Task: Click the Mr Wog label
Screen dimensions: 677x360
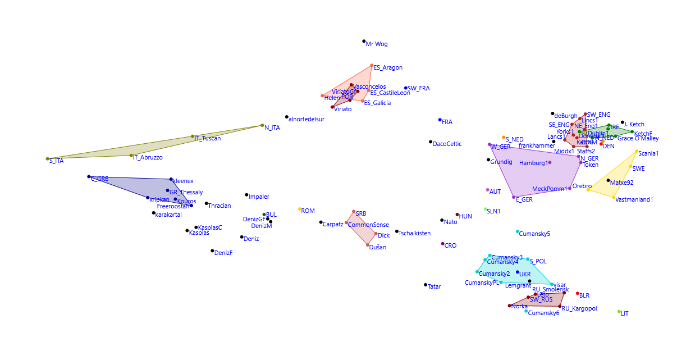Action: (x=377, y=44)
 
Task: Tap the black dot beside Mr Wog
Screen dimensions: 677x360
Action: (x=364, y=41)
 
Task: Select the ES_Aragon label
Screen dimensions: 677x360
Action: (x=388, y=68)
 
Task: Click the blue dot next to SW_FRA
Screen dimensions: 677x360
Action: (x=406, y=88)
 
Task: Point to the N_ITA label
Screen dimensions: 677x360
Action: (x=272, y=128)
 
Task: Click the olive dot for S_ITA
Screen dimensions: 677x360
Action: (x=48, y=159)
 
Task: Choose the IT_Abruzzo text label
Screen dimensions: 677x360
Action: (x=148, y=158)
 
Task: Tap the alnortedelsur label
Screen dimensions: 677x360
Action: (x=307, y=119)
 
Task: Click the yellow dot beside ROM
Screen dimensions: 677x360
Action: (x=300, y=209)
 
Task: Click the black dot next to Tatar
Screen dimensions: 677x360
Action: (x=426, y=285)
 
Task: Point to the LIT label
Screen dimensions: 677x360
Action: (x=625, y=314)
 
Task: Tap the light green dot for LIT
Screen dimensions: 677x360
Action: (x=619, y=312)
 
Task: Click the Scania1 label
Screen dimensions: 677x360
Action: (x=648, y=154)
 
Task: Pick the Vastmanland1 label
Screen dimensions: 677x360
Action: (x=634, y=199)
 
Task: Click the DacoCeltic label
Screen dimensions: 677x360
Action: (x=447, y=144)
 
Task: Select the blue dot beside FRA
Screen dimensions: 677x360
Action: (x=440, y=120)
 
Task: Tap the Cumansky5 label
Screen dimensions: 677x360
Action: (x=535, y=234)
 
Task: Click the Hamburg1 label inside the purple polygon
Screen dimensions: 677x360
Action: (x=533, y=163)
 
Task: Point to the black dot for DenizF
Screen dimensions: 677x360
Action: (x=212, y=250)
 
